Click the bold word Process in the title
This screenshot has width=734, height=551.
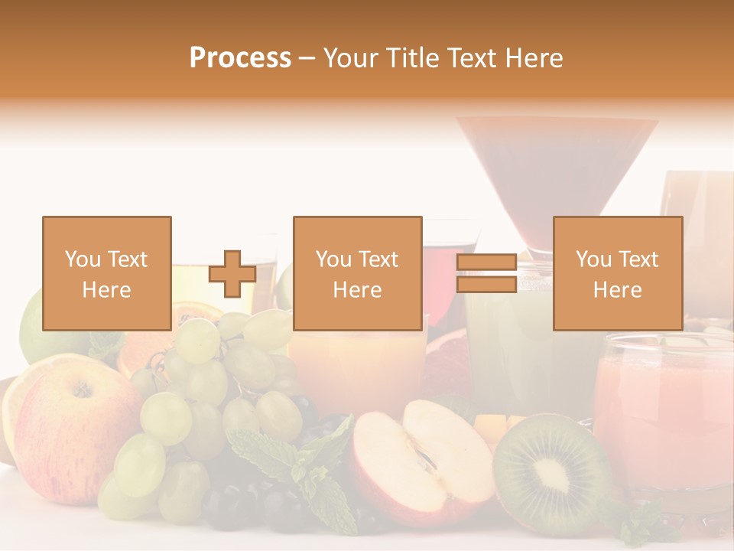coord(240,58)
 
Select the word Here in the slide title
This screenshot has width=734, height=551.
coord(532,58)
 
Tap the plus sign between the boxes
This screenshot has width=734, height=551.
coord(232,274)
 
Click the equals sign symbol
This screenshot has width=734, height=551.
coord(486,274)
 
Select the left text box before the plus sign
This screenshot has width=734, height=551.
coord(106,273)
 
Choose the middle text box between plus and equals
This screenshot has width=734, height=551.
coord(357,273)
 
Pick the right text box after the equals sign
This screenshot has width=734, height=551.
coord(617,273)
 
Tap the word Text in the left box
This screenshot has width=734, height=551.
coord(127,259)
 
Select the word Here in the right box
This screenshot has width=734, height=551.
coord(617,289)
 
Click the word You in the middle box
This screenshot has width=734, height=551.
coord(333,259)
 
